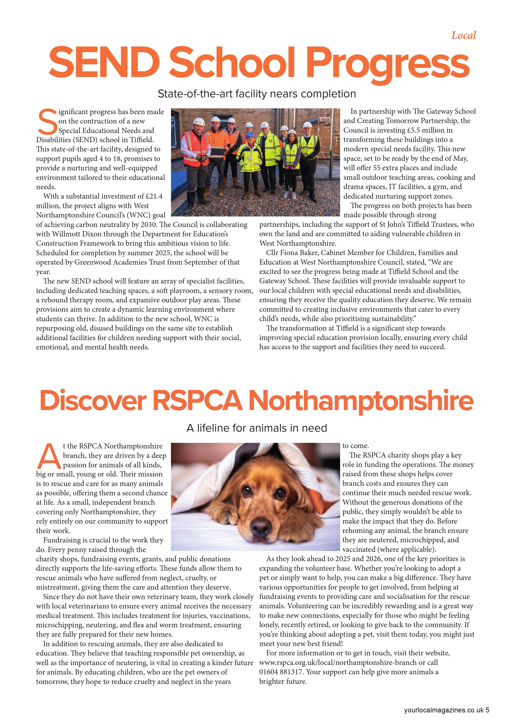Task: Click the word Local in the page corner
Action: point(463,35)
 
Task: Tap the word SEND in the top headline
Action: point(104,62)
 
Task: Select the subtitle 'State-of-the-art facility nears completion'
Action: point(257,94)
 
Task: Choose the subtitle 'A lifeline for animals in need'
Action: point(257,428)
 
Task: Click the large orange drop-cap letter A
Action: point(48,457)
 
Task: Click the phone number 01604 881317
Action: point(281,672)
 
